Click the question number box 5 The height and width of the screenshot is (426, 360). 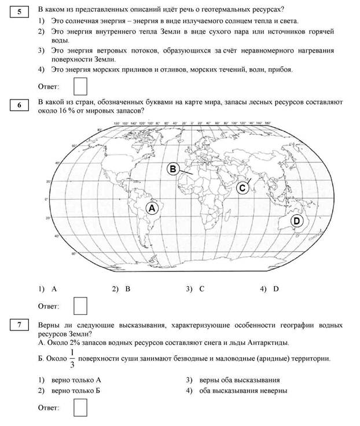tap(20, 11)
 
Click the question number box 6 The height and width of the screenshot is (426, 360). tap(20, 105)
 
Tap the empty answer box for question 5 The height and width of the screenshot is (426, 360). tap(81, 86)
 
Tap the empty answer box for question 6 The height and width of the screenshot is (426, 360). tap(81, 305)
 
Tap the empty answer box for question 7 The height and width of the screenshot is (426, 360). tap(81, 407)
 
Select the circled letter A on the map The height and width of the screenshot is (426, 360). tap(152, 208)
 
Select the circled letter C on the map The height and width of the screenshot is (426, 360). tap(243, 188)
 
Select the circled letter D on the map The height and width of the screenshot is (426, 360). tap(296, 220)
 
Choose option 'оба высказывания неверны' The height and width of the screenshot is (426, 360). tap(243, 391)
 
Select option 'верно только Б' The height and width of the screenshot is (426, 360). tap(76, 391)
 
